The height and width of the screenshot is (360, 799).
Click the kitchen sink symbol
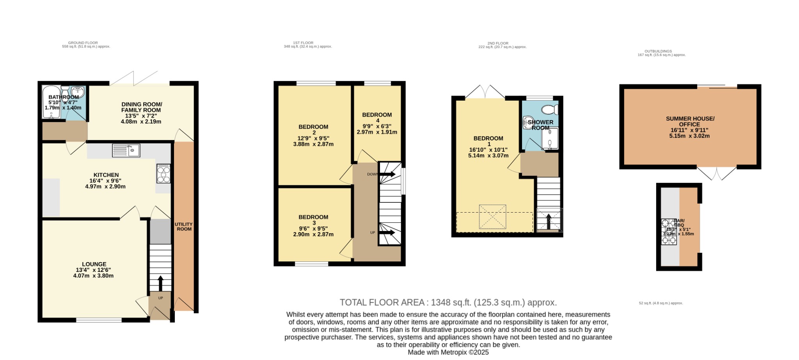coord(126,150)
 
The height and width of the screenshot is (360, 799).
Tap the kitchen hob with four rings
coord(163,174)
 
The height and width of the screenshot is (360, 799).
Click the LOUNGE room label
coord(94,264)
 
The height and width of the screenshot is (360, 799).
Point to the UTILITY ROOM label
coord(183,227)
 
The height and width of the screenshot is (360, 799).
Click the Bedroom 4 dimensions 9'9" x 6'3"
coord(376,126)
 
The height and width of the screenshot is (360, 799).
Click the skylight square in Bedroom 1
coord(492,216)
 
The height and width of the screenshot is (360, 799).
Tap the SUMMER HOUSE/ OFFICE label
coord(690,121)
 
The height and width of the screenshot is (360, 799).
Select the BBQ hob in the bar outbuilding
coord(668,232)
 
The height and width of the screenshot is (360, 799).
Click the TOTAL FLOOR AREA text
coord(448,302)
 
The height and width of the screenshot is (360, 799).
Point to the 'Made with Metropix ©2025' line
coord(448,352)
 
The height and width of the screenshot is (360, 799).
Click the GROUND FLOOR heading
coord(83,43)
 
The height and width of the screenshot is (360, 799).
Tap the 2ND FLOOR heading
coord(498,43)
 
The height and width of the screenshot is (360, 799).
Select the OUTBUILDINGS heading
coord(658,51)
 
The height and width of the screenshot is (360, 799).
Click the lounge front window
coord(99,320)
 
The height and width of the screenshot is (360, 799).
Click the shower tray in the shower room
coord(550,139)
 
